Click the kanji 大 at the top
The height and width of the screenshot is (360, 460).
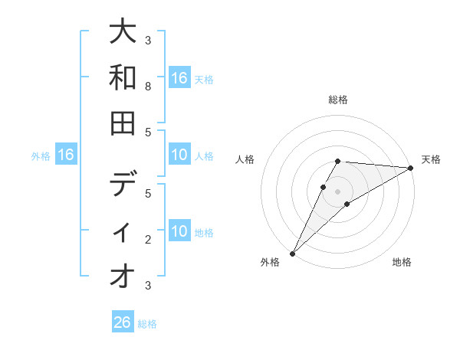123,33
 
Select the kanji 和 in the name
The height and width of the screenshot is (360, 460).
123,77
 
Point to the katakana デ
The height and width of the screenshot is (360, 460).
123,185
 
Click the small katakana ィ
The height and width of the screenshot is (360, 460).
123,232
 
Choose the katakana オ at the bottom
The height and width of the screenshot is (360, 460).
123,276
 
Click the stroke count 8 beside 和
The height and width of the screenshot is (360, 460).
147,87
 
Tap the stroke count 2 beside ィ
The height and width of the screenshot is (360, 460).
147,240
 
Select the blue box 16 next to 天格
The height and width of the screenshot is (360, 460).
179,78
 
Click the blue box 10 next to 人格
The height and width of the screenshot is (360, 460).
179,155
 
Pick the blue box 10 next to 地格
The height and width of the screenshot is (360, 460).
179,231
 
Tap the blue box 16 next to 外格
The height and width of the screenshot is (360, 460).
66,155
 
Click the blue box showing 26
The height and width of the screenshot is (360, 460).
123,322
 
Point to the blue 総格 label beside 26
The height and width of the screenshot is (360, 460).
147,324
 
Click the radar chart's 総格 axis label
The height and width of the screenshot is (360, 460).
337,100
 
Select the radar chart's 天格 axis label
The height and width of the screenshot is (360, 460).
431,159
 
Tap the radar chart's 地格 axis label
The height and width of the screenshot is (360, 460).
402,263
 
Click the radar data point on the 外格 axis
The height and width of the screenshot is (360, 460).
292,253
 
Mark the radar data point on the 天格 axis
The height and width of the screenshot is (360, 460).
410,168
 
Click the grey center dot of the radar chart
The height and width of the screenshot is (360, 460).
337,191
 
